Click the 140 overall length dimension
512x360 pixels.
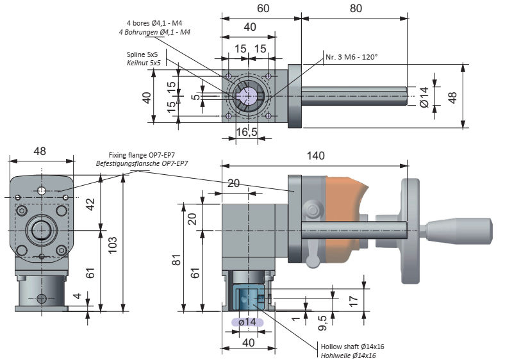(x=316, y=156)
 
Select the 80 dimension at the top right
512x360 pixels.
(x=356, y=8)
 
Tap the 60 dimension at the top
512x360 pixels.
(x=263, y=8)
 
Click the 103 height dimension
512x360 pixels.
(x=112, y=245)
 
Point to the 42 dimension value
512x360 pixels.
(x=90, y=204)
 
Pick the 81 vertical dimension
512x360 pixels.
(x=176, y=259)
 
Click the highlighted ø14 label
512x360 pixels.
(x=247, y=322)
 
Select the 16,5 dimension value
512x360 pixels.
(x=247, y=132)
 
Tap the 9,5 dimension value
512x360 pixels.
(x=322, y=323)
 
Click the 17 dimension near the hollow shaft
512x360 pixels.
(x=353, y=300)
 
